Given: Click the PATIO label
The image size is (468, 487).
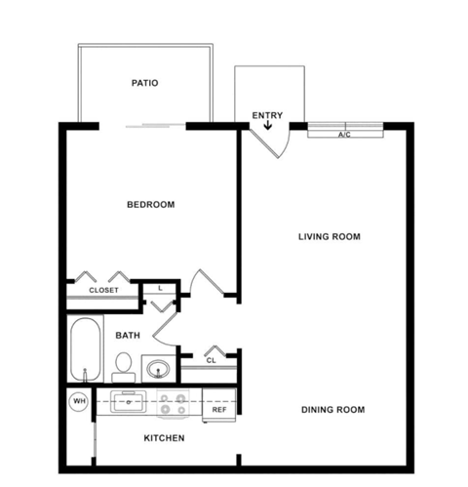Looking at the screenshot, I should (x=144, y=83).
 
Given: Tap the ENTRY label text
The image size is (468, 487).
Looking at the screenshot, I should (x=267, y=116).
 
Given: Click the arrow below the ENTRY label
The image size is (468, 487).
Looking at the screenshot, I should (x=268, y=126).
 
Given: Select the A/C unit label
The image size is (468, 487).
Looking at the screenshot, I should (x=343, y=134).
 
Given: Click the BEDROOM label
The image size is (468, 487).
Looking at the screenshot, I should (x=151, y=204).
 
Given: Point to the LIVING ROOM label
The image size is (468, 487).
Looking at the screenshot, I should (x=330, y=236).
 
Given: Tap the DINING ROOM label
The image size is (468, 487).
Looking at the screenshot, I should (x=332, y=410).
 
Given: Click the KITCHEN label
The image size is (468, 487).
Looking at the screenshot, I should (x=164, y=438).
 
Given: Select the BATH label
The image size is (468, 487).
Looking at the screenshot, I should (x=128, y=335).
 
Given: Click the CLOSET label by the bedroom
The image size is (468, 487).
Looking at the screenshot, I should (x=103, y=290).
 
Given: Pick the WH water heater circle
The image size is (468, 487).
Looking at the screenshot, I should (x=78, y=400).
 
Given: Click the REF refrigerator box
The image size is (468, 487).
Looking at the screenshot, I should (x=219, y=410).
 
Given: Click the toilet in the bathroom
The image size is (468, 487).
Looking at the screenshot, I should (x=123, y=367).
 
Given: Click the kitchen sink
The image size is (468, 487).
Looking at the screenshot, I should (x=128, y=400).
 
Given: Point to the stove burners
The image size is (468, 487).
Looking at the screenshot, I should (x=173, y=400).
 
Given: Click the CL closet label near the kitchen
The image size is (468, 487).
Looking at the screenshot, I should (x=211, y=360).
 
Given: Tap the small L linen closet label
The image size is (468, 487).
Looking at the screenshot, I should (x=160, y=288).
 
